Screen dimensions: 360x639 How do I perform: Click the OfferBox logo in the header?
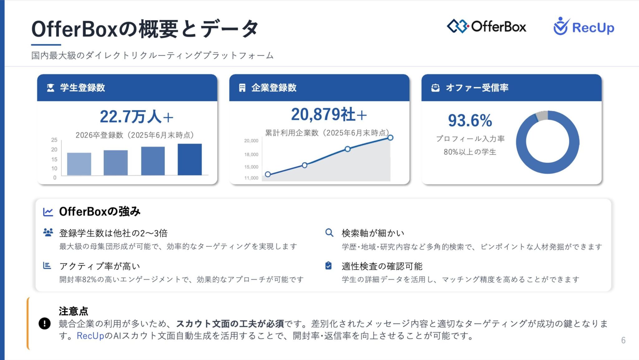coord(486,27)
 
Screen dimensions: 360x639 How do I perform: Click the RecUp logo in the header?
coord(583,27)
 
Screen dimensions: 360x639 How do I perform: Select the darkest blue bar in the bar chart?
coord(190,159)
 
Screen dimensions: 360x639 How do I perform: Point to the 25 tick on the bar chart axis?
coord(54,140)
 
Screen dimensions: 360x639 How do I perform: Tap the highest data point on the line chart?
coord(390,138)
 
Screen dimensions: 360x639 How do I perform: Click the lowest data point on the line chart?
coord(268,174)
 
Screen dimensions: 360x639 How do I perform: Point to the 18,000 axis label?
coord(251,154)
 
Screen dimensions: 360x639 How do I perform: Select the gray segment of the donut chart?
coord(542,115)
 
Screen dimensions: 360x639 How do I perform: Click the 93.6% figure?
coord(470,120)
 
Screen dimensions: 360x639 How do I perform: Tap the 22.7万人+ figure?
coord(136,117)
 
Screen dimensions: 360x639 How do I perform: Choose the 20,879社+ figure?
coord(329,114)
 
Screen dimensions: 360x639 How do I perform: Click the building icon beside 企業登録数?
coord(242,88)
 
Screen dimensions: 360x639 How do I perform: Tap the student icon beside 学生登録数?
coord(51,88)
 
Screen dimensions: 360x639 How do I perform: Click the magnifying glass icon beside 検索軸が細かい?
coord(329,233)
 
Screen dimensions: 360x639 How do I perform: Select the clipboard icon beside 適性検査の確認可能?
coord(329,265)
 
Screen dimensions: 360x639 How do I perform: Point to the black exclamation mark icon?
coord(45,324)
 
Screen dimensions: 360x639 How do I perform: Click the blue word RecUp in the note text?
coord(90,336)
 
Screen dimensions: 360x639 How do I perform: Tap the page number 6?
coord(623,340)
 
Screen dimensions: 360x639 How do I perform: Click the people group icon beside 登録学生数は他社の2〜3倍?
coord(48,232)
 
